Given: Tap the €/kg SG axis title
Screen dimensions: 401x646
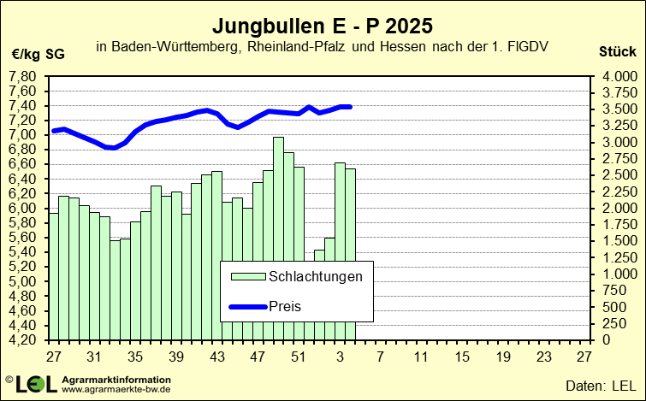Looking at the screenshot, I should pyautogui.click(x=38, y=54).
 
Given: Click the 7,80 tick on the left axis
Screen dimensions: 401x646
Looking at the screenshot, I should pyautogui.click(x=21, y=76).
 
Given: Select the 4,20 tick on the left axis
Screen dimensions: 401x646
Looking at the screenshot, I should pyautogui.click(x=21, y=339).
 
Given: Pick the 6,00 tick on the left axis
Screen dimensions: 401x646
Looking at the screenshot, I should pyautogui.click(x=21, y=208).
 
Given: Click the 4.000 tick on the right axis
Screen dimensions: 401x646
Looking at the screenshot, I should pyautogui.click(x=619, y=76).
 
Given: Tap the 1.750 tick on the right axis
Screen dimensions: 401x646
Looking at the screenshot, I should pyautogui.click(x=619, y=224).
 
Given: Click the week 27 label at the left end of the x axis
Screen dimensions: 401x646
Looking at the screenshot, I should pyautogui.click(x=53, y=357).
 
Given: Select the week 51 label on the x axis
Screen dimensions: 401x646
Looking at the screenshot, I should pyautogui.click(x=299, y=357).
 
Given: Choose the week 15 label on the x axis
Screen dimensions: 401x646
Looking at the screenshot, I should pyautogui.click(x=462, y=357).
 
